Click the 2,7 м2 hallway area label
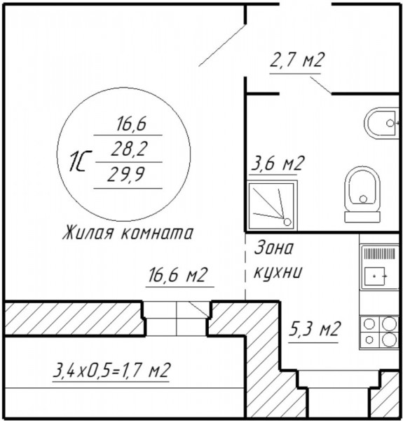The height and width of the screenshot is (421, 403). point(297,60)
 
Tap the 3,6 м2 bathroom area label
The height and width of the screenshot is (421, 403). point(278,163)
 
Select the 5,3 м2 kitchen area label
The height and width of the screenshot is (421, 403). point(314,328)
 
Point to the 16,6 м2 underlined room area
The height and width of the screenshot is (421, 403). point(178,274)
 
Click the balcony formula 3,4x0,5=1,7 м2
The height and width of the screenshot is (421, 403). point(111,370)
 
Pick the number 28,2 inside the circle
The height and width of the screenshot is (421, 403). point(129,149)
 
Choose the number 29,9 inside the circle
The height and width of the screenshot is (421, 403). point(126,175)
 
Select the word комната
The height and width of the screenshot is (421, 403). point(157,233)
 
